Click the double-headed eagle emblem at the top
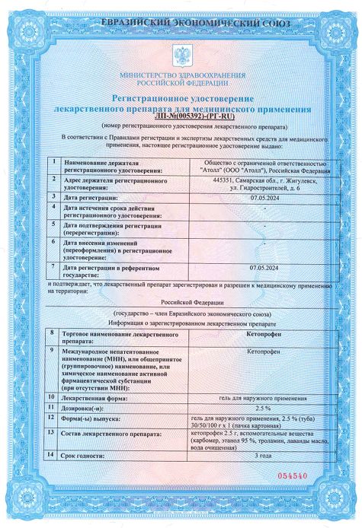click(181, 56)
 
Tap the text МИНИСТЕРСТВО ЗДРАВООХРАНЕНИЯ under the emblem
click(181, 75)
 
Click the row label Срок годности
click(85, 454)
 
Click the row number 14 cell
click(51, 454)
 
